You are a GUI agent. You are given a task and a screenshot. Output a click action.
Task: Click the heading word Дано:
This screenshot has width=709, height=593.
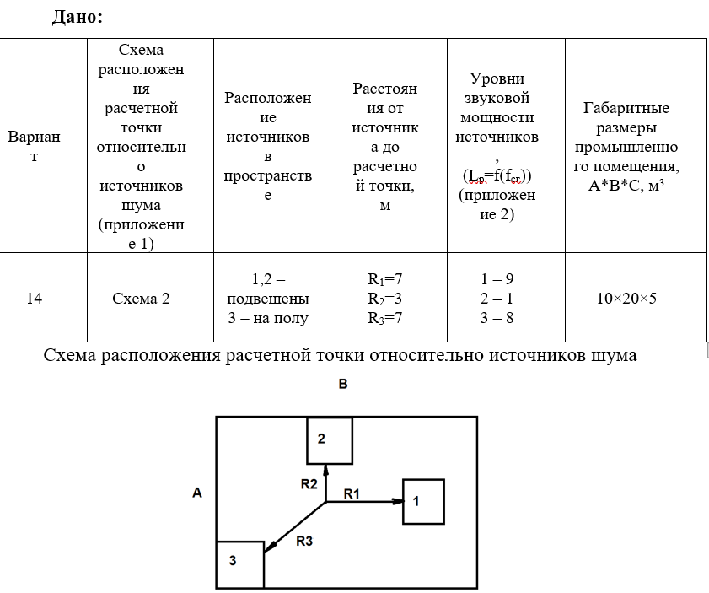point(78,16)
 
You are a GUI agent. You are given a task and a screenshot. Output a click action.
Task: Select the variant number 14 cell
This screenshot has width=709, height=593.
point(34,298)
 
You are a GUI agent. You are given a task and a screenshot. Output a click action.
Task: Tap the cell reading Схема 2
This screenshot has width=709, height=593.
point(141,298)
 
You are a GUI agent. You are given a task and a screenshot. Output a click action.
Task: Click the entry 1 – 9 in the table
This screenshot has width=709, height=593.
point(497,278)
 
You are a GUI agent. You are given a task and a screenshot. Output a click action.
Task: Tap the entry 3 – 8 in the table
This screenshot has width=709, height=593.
point(497,318)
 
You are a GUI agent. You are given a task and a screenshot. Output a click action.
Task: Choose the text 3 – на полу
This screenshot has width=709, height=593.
point(268,318)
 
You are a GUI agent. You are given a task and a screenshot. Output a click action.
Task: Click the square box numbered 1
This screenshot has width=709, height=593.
point(423,500)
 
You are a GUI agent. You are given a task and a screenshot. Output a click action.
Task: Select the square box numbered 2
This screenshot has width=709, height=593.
point(329,439)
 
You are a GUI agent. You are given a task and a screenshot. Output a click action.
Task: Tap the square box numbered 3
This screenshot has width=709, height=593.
point(240,563)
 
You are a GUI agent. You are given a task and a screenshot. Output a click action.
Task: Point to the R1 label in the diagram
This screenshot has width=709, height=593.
point(352,493)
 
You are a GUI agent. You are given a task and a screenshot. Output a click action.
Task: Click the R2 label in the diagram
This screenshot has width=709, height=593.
point(309,484)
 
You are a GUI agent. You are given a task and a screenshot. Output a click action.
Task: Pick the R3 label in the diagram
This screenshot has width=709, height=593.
point(305,542)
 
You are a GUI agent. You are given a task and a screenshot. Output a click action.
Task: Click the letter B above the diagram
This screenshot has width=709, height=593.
point(343,384)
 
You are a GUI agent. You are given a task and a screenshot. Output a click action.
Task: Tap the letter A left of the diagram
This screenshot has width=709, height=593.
point(197,493)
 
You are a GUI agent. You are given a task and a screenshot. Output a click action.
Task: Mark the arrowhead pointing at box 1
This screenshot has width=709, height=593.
point(397,502)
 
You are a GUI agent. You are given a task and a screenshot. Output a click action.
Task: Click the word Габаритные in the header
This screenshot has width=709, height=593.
point(626,108)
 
